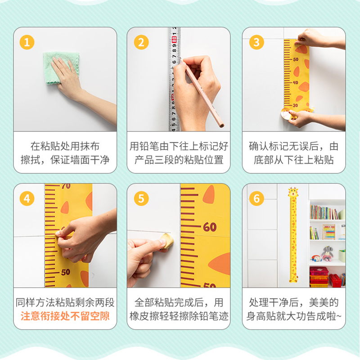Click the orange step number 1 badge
(27, 42)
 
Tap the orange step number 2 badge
(141, 42)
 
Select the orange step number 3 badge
(256, 42)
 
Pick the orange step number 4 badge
(27, 198)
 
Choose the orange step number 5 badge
(141, 198)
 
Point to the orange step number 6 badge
(256, 198)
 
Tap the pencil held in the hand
(202, 92)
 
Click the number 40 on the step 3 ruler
(296, 82)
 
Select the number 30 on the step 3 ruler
(295, 105)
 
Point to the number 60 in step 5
(210, 227)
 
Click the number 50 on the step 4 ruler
(65, 272)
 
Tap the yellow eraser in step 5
(166, 242)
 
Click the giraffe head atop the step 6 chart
(293, 193)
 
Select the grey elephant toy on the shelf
(327, 253)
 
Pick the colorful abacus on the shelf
(328, 232)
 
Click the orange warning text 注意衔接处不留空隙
(65, 316)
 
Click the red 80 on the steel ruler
(174, 40)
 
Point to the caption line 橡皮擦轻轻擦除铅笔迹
(179, 316)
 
